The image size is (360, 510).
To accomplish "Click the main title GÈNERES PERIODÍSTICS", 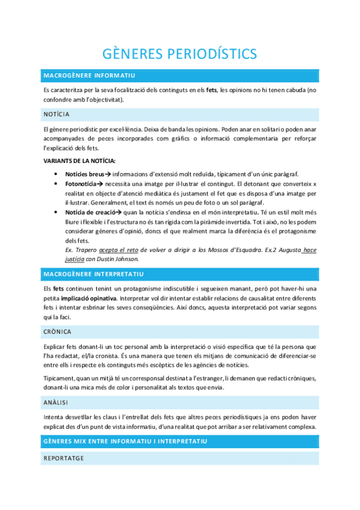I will click(x=180, y=54).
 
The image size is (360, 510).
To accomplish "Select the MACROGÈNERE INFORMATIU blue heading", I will click(x=90, y=75).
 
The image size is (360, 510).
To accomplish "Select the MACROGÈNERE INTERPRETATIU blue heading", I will click(x=93, y=274).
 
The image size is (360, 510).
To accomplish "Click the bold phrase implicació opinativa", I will click(x=88, y=298).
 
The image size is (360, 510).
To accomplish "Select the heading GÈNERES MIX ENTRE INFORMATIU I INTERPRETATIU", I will click(x=126, y=441).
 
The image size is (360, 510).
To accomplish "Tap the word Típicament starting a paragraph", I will click(x=59, y=377).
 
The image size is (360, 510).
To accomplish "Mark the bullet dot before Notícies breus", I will click(x=55, y=174).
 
